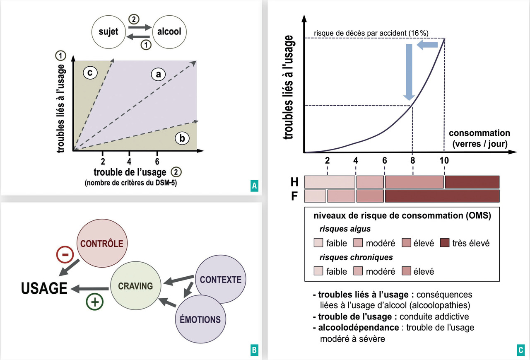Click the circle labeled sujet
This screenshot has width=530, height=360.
(109, 32)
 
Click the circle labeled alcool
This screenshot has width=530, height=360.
(169, 32)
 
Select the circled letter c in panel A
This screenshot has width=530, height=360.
(89, 73)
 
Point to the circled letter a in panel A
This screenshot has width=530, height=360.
(158, 74)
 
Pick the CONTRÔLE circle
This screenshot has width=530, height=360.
(102, 244)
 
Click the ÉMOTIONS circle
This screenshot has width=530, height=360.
(200, 319)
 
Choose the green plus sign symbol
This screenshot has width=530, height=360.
(94, 302)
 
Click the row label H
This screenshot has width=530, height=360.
(294, 181)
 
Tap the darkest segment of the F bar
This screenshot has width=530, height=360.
(442, 196)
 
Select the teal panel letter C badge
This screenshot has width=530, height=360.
(520, 350)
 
